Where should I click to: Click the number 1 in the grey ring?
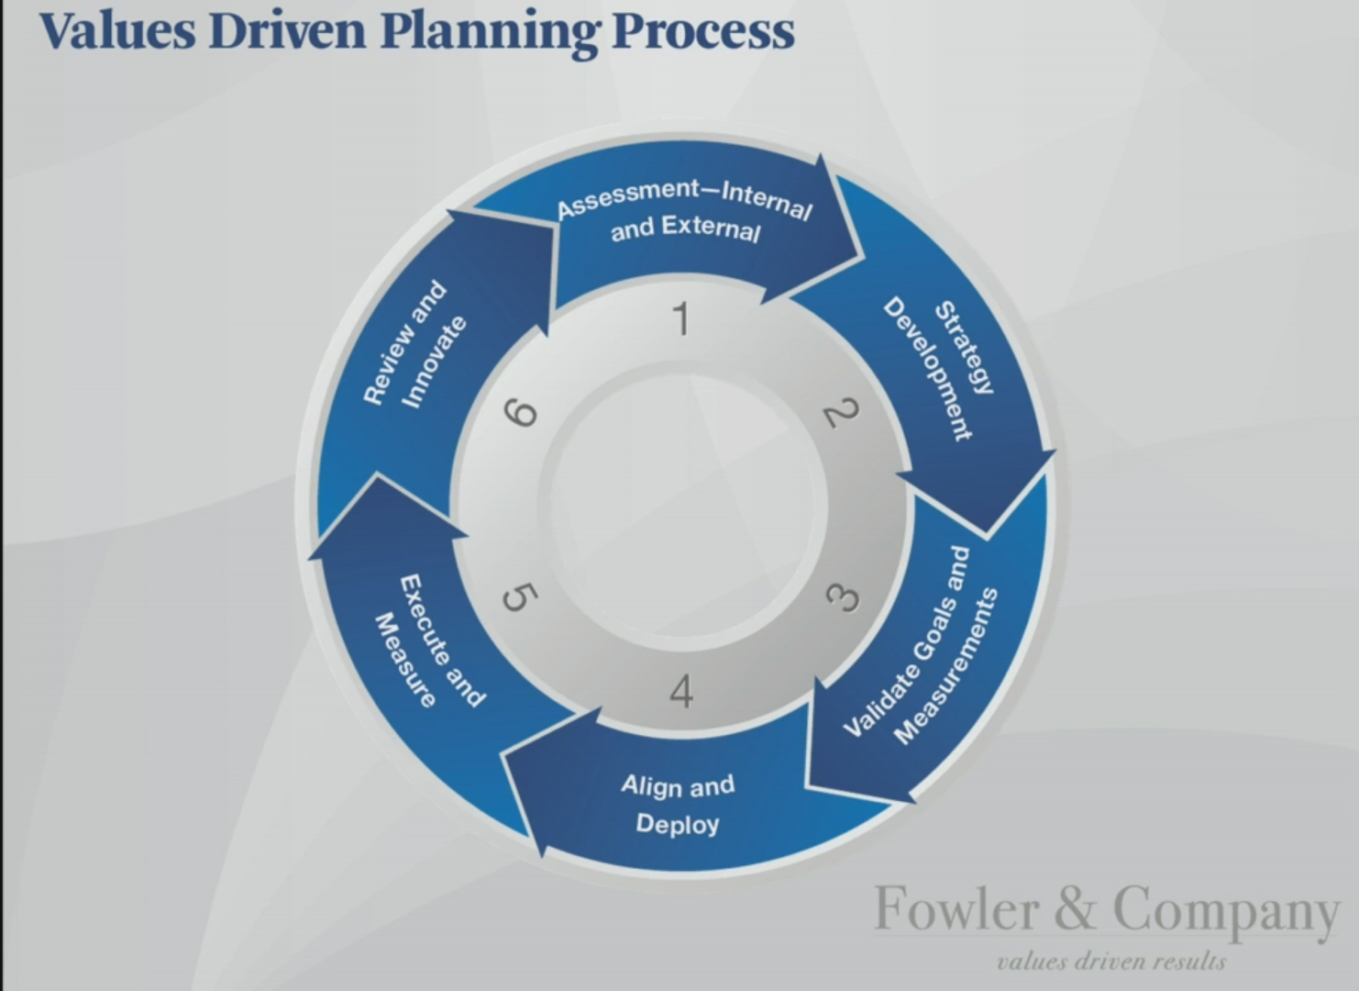pos(682,318)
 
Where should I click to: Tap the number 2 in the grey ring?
pos(840,413)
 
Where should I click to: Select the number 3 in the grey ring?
pos(843,597)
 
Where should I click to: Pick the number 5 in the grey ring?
pos(520,597)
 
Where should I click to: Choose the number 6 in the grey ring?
pos(521,414)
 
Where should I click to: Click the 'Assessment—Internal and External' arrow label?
pos(685,211)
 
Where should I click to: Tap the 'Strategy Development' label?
pos(940,368)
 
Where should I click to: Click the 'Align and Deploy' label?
pos(678,805)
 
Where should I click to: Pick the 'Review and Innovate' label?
pos(415,344)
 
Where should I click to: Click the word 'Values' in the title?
pos(117,31)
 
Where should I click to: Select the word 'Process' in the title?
pos(703,31)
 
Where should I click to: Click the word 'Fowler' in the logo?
pos(957,908)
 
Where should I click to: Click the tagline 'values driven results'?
pos(1111,962)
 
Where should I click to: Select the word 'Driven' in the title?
pos(287,31)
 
